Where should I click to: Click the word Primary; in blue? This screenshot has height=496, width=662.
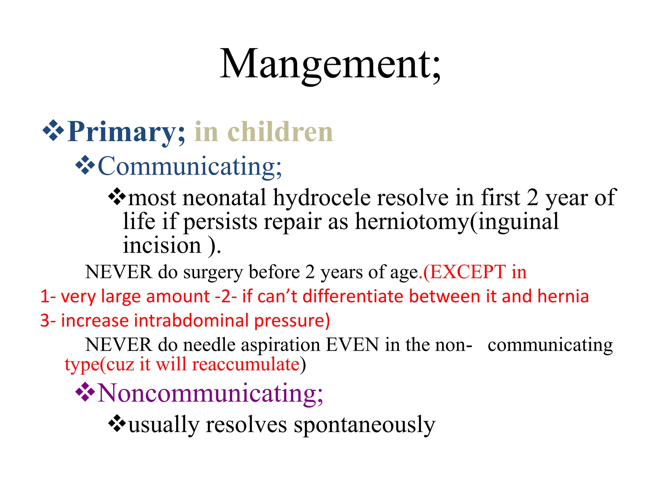126,132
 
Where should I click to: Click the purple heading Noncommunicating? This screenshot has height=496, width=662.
210,393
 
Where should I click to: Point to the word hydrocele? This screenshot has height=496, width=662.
322,198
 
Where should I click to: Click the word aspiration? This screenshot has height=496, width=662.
281,345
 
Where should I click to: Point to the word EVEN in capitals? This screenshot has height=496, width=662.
352,345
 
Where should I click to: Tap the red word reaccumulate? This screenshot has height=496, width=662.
246,364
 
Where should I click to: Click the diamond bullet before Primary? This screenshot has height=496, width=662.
53,130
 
